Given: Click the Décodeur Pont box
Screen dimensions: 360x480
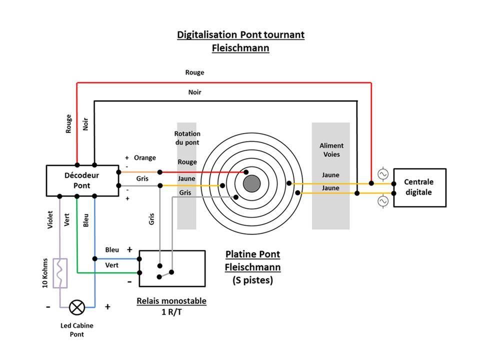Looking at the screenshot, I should [x=81, y=180].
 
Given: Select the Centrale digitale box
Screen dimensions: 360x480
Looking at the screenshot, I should [x=419, y=187].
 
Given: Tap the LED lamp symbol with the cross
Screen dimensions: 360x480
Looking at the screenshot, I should [x=77, y=306].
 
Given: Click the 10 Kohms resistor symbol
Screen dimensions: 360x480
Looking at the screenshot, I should [x=60, y=273].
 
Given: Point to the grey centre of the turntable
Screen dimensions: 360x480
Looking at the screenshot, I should [x=251, y=183].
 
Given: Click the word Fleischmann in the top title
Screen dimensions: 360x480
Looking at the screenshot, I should [x=240, y=48].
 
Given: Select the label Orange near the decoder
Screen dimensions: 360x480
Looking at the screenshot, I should [x=144, y=158].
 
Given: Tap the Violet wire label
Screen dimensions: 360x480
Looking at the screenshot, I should [x=50, y=219].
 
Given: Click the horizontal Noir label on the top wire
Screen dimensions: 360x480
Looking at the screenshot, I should [x=194, y=92].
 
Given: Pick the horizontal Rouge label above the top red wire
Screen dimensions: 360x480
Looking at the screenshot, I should [x=194, y=72].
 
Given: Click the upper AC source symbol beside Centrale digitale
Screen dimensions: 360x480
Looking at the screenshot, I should [x=383, y=174].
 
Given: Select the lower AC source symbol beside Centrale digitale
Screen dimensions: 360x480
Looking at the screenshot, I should [x=383, y=201].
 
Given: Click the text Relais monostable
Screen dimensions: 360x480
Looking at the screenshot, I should [x=171, y=301].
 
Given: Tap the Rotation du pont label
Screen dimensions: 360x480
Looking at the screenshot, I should [x=187, y=138].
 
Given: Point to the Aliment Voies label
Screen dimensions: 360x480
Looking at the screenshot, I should [x=331, y=150].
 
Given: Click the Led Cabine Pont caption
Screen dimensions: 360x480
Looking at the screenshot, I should [x=77, y=329].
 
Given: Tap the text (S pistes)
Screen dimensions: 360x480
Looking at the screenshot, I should [x=252, y=280].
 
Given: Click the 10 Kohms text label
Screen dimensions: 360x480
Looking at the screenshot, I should [x=45, y=273].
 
